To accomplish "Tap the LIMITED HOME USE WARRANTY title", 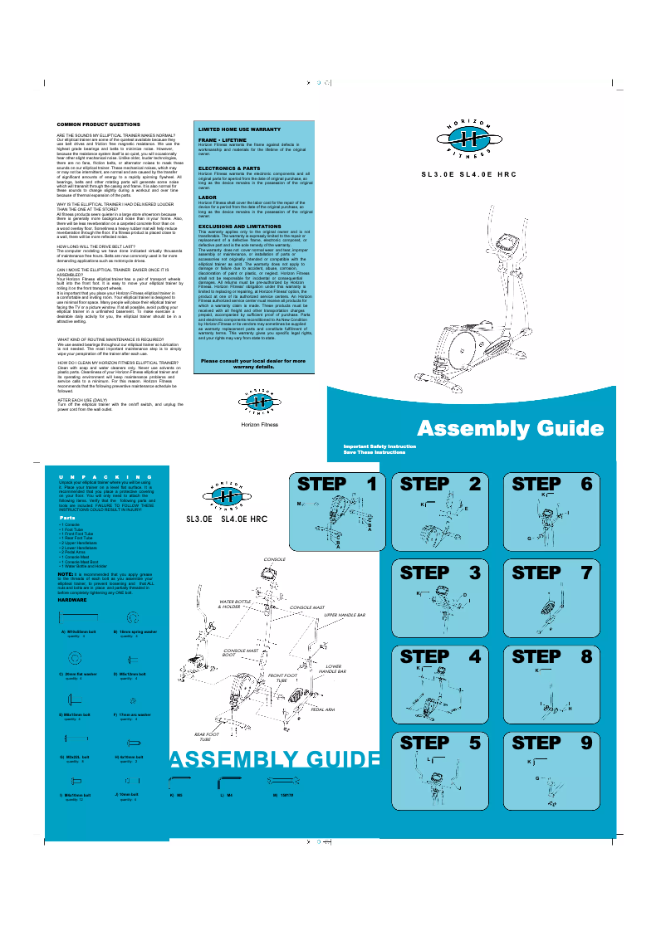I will (x=238, y=130).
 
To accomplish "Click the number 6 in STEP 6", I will (x=586, y=483).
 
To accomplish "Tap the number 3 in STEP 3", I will (x=474, y=572).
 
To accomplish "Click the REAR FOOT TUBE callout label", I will (x=207, y=736).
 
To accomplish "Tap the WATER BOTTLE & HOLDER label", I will (x=234, y=603).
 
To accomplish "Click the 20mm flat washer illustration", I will (x=74, y=657).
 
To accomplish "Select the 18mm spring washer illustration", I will (x=131, y=618).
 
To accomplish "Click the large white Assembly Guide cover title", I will (x=509, y=428).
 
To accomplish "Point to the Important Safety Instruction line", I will (x=380, y=446).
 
